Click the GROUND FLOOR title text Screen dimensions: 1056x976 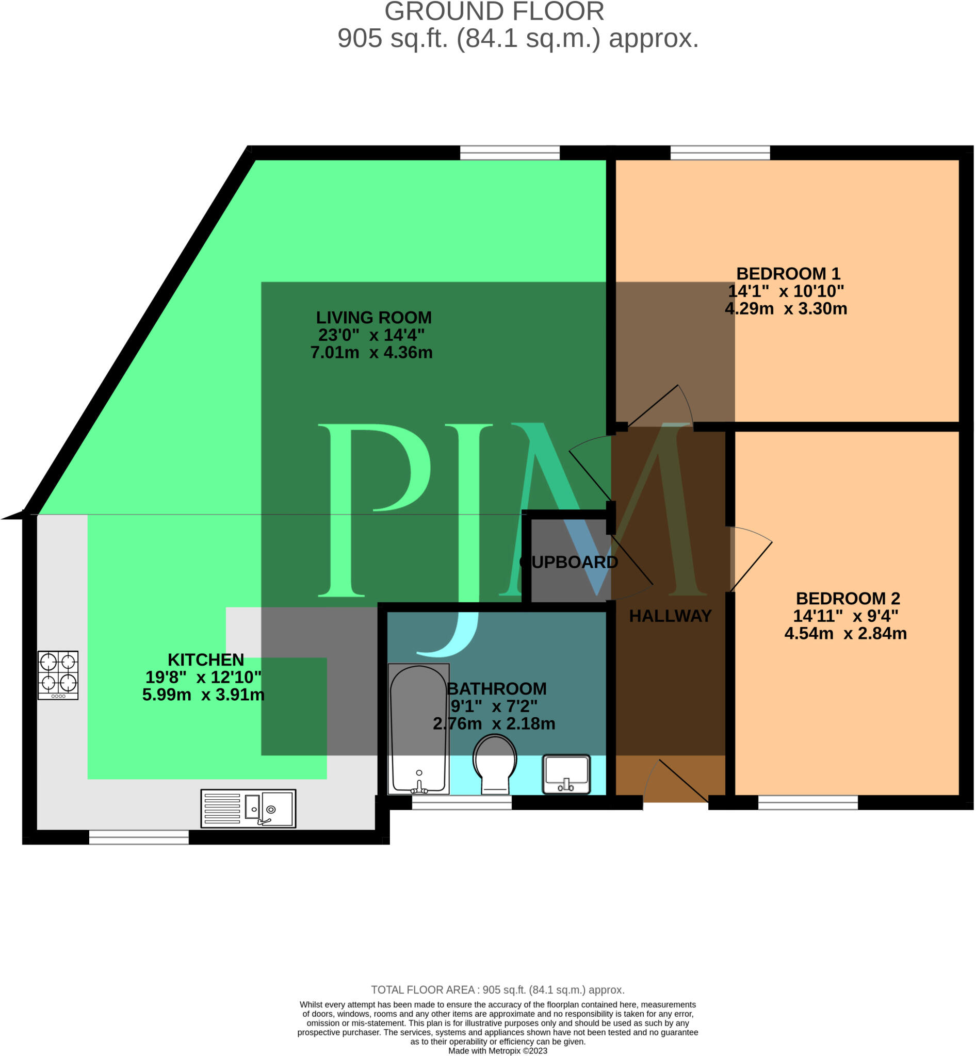pyautogui.click(x=494, y=12)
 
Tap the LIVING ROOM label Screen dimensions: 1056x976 pyautogui.click(x=373, y=317)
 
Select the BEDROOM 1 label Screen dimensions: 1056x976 pyautogui.click(x=788, y=273)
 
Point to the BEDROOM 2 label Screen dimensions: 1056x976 pyautogui.click(x=848, y=598)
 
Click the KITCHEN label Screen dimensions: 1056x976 pyautogui.click(x=205, y=659)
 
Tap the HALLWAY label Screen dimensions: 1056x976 pyautogui.click(x=670, y=616)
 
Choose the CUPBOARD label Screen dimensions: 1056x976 pyautogui.click(x=570, y=562)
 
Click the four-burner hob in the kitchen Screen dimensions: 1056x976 pyautogui.click(x=58, y=675)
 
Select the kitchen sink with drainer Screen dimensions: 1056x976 pyautogui.click(x=248, y=808)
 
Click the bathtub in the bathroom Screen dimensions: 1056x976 pyautogui.click(x=418, y=729)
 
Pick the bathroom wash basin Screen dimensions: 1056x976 pyautogui.click(x=566, y=774)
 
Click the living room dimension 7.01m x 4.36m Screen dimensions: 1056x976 pyautogui.click(x=371, y=352)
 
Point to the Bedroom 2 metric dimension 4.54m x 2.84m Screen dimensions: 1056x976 pyautogui.click(x=845, y=633)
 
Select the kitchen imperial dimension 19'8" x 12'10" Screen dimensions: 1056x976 pyautogui.click(x=203, y=677)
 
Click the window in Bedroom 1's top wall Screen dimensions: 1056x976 pyautogui.click(x=720, y=153)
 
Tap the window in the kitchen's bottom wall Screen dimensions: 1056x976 pyautogui.click(x=139, y=837)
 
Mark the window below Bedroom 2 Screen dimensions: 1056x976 pyautogui.click(x=807, y=802)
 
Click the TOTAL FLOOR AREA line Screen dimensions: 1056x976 pyautogui.click(x=497, y=989)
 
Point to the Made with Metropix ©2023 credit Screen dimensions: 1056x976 pyautogui.click(x=497, y=1051)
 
